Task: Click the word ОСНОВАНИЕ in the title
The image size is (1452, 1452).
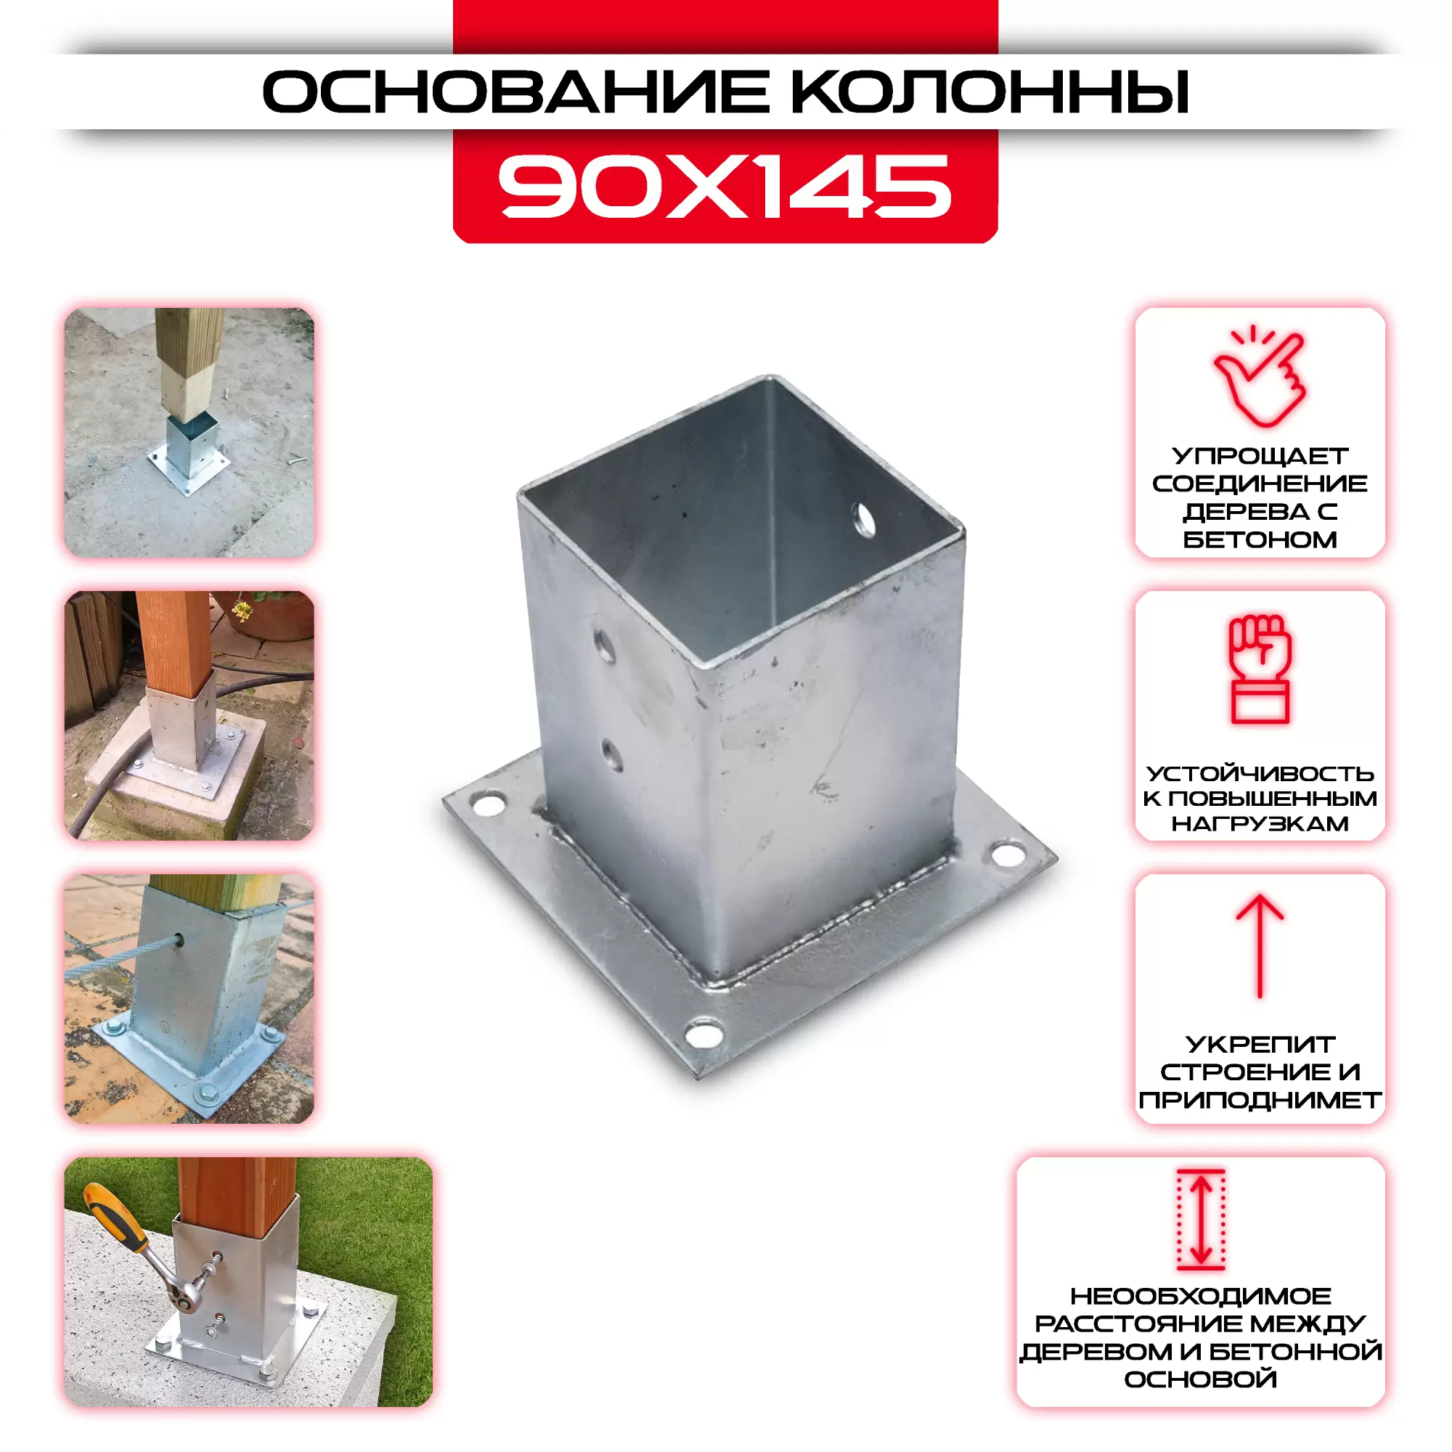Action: coord(515,91)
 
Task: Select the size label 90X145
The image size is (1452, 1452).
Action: coord(725,187)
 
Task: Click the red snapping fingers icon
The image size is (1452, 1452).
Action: coord(1260,376)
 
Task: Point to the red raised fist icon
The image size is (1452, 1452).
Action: coord(1260,669)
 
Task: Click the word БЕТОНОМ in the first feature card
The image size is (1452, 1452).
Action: coord(1260,539)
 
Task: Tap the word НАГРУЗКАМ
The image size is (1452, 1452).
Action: coord(1260,824)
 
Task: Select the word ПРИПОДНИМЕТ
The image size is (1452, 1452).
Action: coord(1260,1101)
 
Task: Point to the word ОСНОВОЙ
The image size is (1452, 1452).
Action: coord(1201,1379)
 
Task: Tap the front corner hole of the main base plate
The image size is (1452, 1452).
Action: coord(704,1033)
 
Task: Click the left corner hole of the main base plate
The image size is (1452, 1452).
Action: coord(489,804)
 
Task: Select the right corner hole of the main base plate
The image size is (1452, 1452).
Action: coord(1008,854)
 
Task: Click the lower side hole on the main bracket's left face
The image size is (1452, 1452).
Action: coord(612,754)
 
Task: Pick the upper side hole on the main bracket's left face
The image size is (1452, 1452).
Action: coord(605,646)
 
